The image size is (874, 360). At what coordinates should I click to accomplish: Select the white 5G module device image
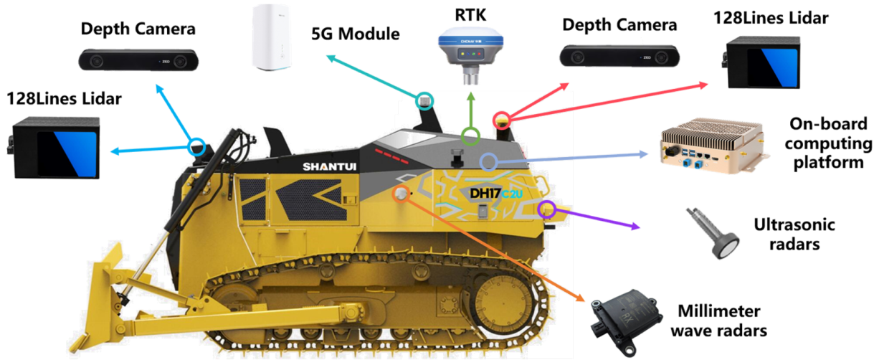pos(275,37)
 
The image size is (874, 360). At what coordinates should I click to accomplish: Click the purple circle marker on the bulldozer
pos(547,209)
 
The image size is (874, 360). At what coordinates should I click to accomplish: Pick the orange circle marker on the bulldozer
pos(400,194)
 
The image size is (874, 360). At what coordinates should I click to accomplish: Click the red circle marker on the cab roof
pos(502,118)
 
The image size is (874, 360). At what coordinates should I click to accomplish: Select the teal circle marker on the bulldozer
pos(425,100)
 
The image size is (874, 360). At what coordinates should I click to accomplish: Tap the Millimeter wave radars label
pos(722,321)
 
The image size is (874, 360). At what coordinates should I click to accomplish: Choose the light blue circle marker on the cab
pos(488,161)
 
